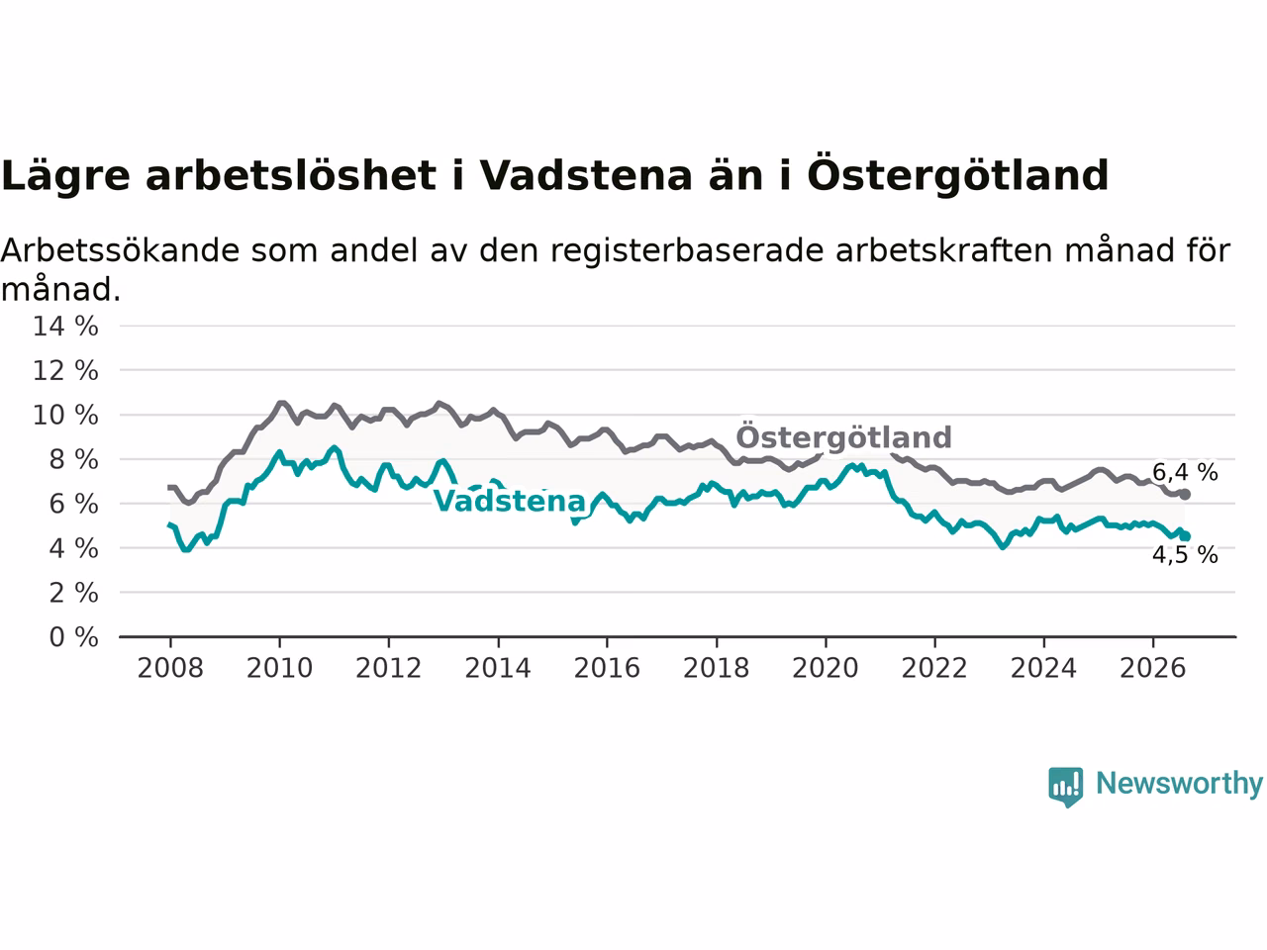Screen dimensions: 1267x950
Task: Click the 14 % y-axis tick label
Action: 65,327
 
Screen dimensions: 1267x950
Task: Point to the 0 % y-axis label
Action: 73,637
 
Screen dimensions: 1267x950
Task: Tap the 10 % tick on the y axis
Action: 65,416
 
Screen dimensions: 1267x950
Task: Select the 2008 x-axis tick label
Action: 170,669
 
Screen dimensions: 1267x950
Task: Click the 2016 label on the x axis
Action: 607,669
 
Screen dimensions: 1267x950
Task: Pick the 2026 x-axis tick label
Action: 1153,669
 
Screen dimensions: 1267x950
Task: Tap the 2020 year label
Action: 825,669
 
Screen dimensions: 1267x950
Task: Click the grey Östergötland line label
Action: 843,436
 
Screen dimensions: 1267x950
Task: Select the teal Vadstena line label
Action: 509,500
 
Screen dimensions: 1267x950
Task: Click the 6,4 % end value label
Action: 1185,472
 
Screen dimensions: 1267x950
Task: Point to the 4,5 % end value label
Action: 1185,555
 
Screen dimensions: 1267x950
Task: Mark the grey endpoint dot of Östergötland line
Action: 1185,495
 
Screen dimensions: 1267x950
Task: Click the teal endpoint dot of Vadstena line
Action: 1185,536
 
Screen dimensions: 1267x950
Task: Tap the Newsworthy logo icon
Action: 1065,787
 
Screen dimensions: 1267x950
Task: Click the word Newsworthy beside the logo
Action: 1179,784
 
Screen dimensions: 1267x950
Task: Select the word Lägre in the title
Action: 65,177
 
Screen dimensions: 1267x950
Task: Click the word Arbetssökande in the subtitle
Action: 120,251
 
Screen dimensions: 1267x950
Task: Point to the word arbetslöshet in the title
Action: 291,175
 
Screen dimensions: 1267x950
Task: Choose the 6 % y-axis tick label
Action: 73,504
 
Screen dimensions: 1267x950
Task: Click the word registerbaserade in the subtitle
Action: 686,252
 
